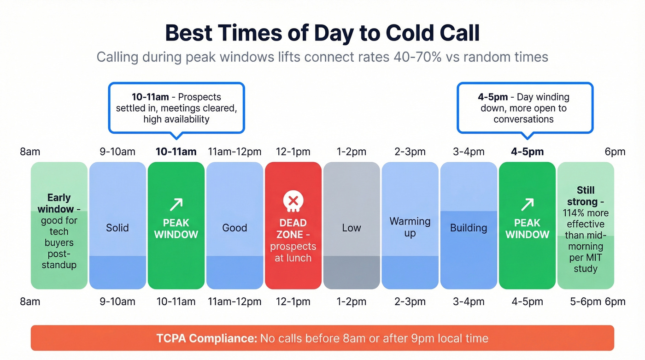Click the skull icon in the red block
pos(293,201)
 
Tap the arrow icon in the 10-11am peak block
pos(176,204)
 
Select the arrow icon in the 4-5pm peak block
pos(527,204)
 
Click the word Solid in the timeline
pos(117,228)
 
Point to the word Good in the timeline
pos(235,228)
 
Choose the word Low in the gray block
pos(352,228)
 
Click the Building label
pos(469,228)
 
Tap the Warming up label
pos(410,227)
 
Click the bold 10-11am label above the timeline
pos(176,152)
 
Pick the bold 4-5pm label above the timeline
pos(527,152)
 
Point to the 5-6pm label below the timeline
pos(585,302)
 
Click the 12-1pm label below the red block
pos(293,302)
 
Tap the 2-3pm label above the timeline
pos(410,152)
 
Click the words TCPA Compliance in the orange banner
pos(206,338)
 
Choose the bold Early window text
pos(59,203)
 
